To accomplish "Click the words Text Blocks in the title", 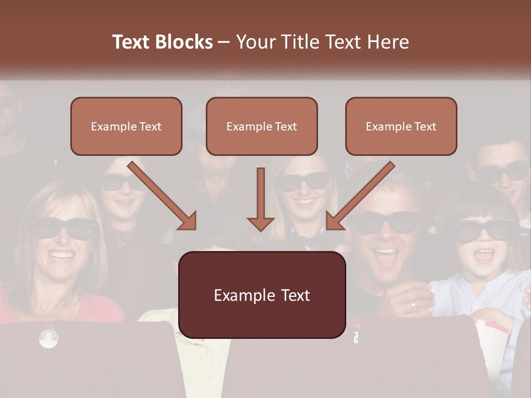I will click(x=163, y=42).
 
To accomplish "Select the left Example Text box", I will click(x=126, y=127).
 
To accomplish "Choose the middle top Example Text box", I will click(x=262, y=127).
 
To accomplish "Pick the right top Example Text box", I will click(x=401, y=127).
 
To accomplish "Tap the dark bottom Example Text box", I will click(x=262, y=295).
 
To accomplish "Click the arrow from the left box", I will click(x=162, y=195).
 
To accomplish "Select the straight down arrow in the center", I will click(x=261, y=199).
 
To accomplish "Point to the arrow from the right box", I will click(x=360, y=195).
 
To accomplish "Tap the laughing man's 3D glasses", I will click(x=387, y=222).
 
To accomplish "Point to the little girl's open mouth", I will click(x=484, y=255).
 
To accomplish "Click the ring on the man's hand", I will click(x=414, y=306).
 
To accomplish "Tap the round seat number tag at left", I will click(x=49, y=337).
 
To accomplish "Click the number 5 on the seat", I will click(x=355, y=337).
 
